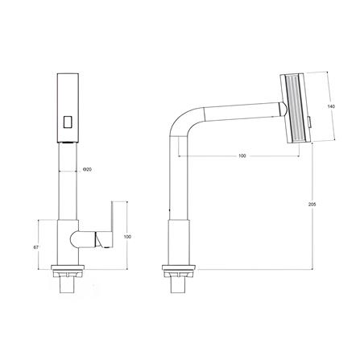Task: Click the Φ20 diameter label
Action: tap(86, 169)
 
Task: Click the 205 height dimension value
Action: tap(312, 205)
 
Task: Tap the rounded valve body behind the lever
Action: tap(81, 238)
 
